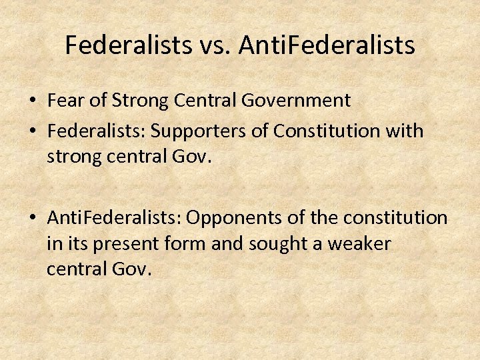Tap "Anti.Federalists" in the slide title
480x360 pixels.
[x=327, y=45]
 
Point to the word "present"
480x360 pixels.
[x=117, y=244]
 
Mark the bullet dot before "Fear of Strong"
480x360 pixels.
[x=31, y=101]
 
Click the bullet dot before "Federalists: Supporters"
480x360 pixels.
[x=31, y=131]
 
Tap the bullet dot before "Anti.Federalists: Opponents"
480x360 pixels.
[x=31, y=218]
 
